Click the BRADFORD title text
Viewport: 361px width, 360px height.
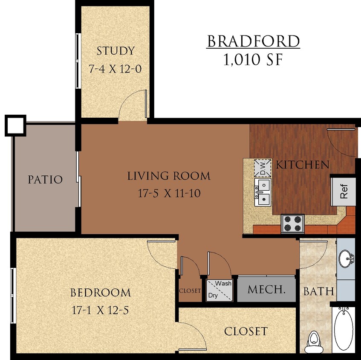254,42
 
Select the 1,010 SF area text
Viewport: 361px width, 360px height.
253,60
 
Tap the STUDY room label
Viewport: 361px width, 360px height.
115,51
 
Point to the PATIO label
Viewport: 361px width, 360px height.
45,180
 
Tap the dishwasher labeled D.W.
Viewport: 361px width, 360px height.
263,168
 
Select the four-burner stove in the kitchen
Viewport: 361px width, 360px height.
292,223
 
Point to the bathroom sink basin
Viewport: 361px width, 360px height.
346,258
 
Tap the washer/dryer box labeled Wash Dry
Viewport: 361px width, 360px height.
220,290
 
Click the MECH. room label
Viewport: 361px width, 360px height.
266,290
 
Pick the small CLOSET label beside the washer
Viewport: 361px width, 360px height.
190,291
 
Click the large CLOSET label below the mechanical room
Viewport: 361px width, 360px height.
246,331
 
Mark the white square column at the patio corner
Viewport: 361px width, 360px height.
16,125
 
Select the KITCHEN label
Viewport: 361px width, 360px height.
303,165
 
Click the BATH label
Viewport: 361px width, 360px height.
318,292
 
